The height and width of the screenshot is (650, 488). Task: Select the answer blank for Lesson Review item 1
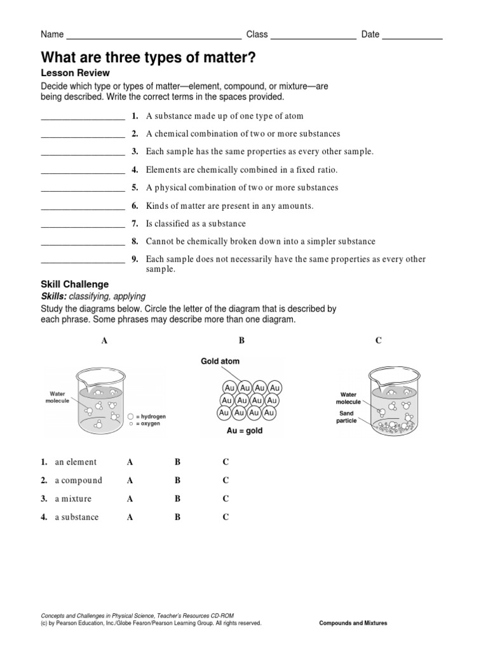tap(83, 117)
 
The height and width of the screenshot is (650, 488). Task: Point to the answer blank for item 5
tap(83, 189)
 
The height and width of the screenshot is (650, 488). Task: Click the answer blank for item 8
tap(83, 243)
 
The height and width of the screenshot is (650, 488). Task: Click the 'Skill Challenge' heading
tap(75, 284)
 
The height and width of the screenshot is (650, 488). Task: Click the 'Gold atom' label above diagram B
tap(220, 361)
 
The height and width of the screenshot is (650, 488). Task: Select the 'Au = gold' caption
tap(245, 430)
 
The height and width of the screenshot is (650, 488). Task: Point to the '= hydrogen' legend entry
tap(150, 416)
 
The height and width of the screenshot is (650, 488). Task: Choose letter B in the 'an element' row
tap(178, 462)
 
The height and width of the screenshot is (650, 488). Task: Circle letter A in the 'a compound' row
tap(130, 481)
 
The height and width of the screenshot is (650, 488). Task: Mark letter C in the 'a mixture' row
tap(226, 499)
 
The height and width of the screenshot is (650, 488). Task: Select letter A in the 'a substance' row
tap(130, 517)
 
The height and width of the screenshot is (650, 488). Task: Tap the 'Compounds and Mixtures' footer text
tap(353, 623)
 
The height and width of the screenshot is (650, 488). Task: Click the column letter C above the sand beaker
tap(378, 341)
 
